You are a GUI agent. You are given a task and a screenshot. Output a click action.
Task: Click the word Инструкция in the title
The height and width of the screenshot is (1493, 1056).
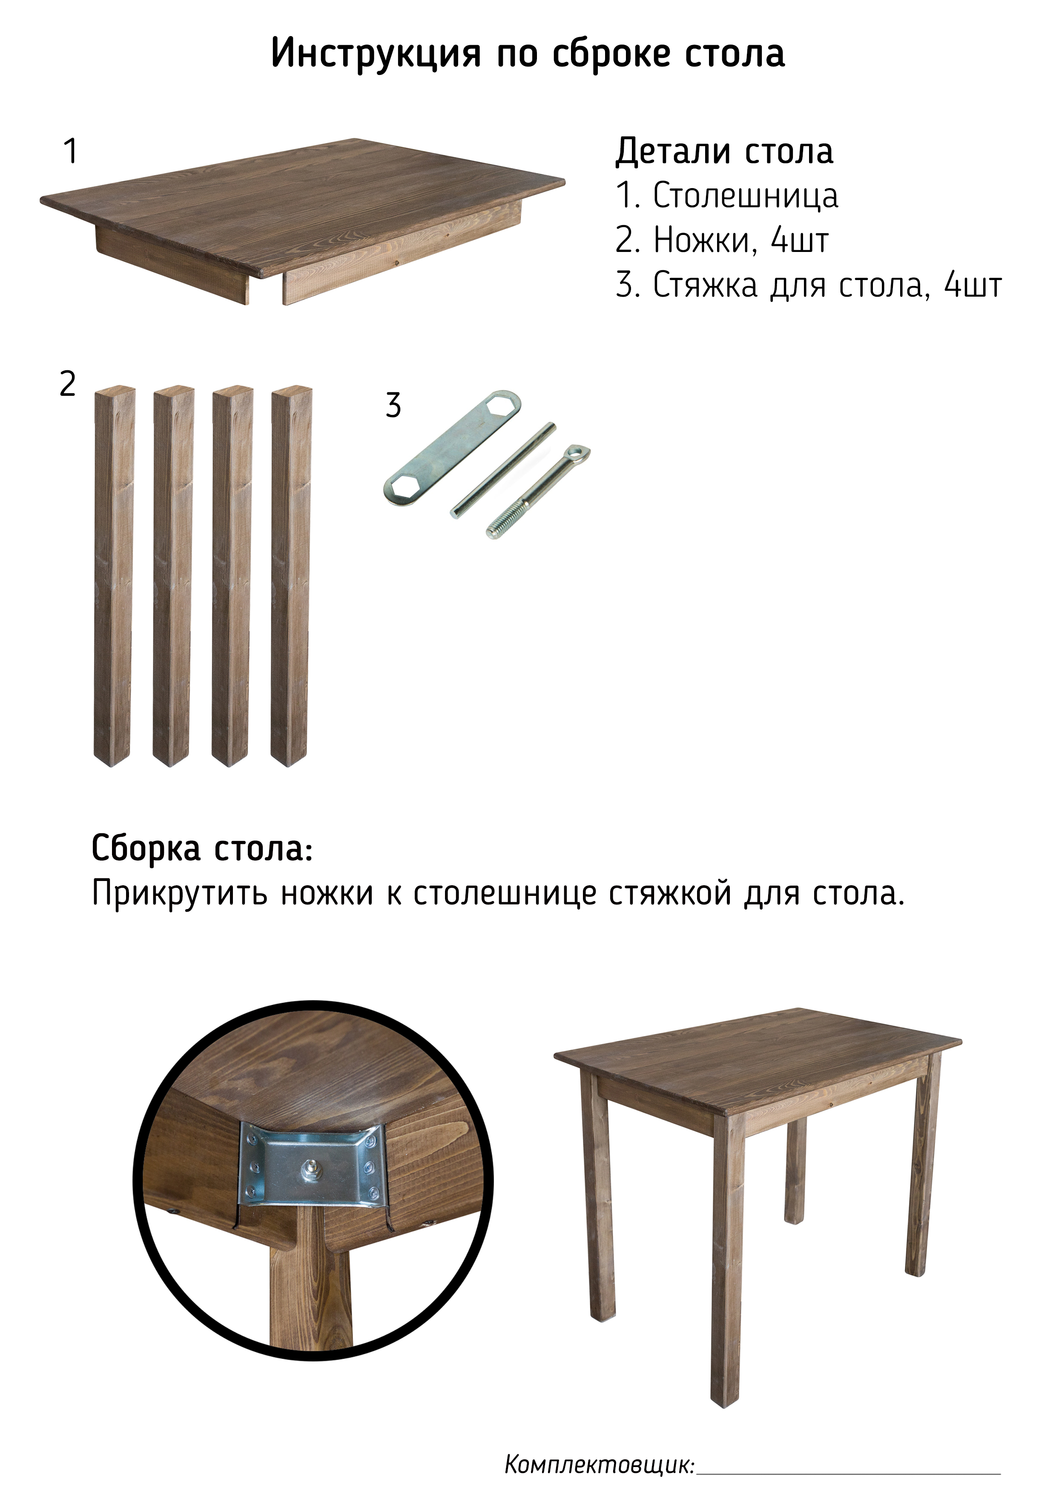pos(376,53)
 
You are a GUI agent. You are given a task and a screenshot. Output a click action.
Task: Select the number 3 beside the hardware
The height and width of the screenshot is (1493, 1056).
pos(393,405)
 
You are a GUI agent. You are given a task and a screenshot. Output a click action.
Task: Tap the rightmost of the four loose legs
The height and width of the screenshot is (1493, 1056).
pos(291,577)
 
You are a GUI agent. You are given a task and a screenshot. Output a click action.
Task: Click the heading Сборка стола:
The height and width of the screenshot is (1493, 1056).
pos(202,849)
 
